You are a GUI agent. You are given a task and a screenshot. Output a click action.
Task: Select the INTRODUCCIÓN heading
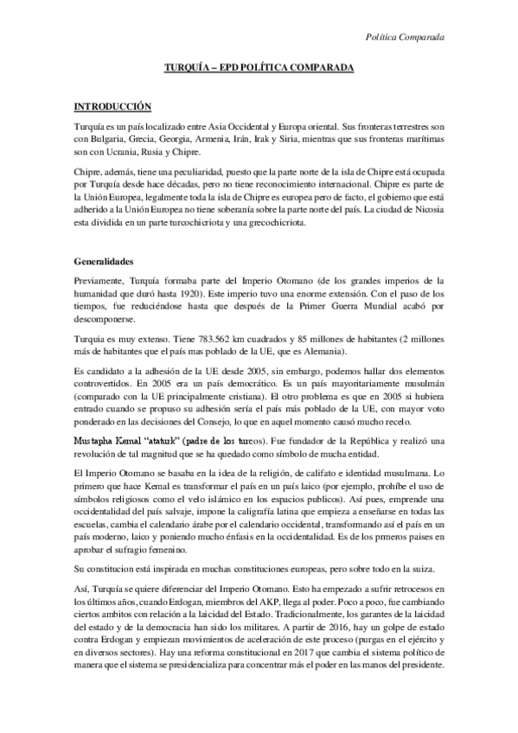pos(112,106)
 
